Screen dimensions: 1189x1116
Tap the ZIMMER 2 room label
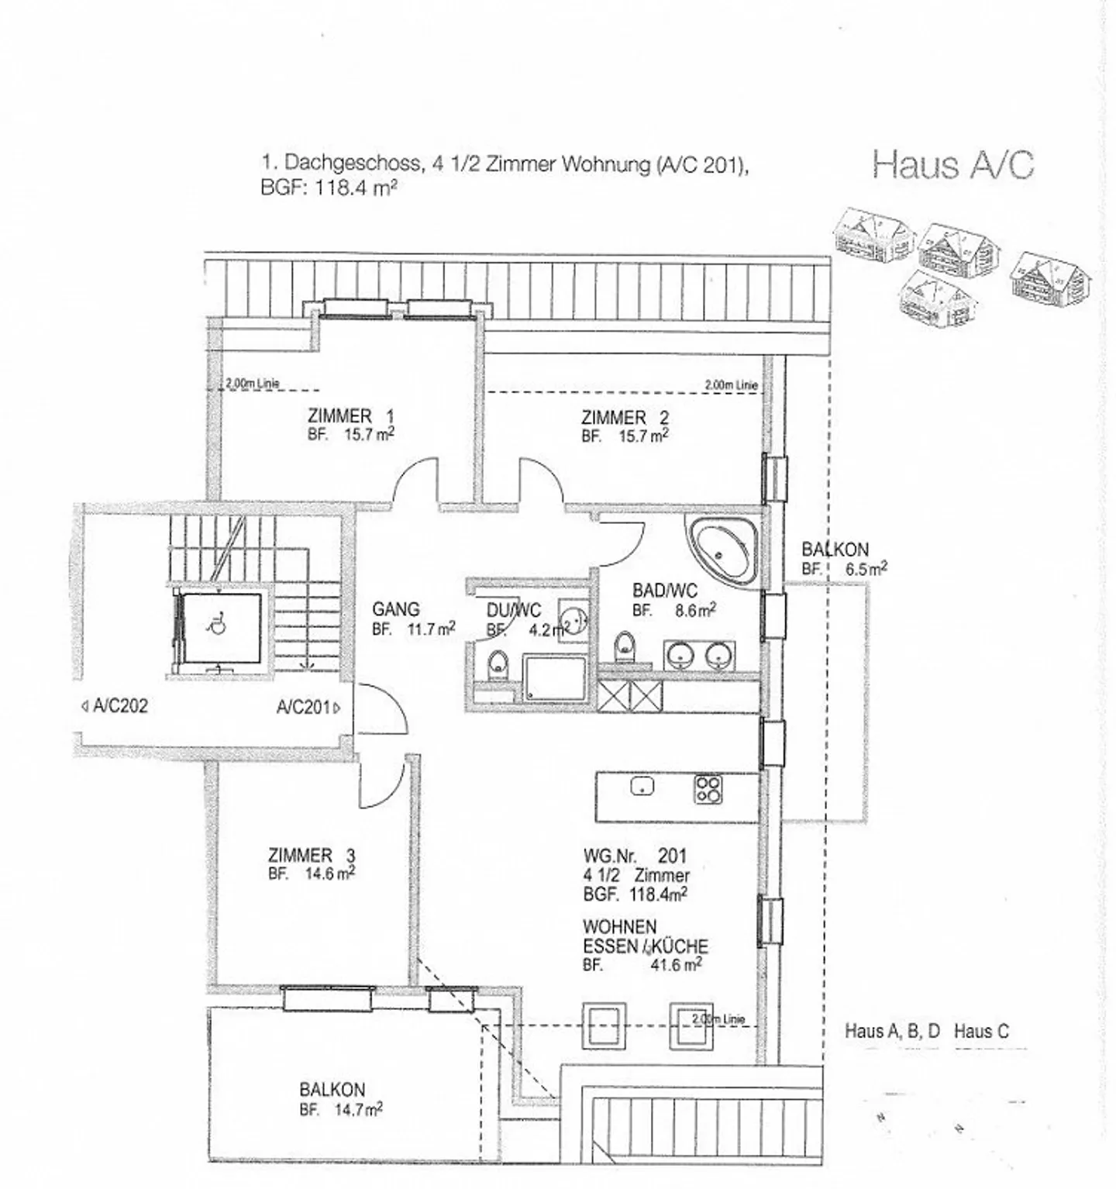pyautogui.click(x=625, y=418)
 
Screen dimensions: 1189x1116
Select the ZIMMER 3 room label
pyautogui.click(x=312, y=856)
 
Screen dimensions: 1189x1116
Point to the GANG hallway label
pyautogui.click(x=395, y=609)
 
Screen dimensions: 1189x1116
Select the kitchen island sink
pyautogui.click(x=642, y=786)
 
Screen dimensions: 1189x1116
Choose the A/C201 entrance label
pyautogui.click(x=305, y=707)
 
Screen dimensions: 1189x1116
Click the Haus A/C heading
pyautogui.click(x=952, y=165)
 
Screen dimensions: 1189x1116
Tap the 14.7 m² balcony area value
pyautogui.click(x=358, y=1110)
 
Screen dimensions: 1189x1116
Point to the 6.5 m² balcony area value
pyautogui.click(x=866, y=568)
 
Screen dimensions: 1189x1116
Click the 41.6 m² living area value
pyautogui.click(x=677, y=965)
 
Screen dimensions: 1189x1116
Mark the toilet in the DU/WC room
pyautogui.click(x=497, y=665)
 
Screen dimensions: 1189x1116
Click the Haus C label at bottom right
pyautogui.click(x=981, y=1031)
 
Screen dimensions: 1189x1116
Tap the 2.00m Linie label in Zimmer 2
pyautogui.click(x=731, y=384)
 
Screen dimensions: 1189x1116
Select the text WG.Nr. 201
pyautogui.click(x=635, y=856)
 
